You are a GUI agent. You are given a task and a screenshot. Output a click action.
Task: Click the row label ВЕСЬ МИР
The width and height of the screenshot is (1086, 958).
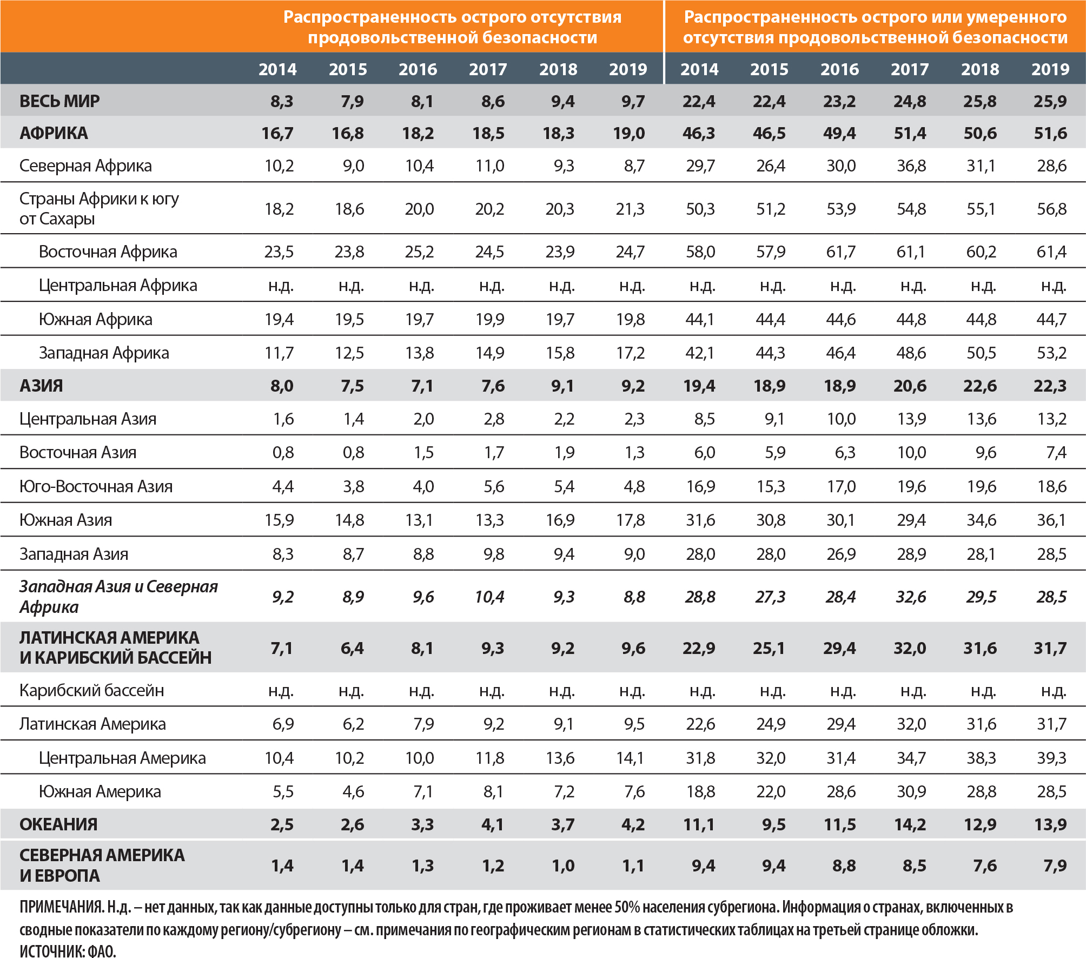(59, 101)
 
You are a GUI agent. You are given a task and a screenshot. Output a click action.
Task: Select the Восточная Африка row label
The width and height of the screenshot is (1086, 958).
(108, 252)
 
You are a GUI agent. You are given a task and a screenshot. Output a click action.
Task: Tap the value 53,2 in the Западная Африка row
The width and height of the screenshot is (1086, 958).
(1051, 353)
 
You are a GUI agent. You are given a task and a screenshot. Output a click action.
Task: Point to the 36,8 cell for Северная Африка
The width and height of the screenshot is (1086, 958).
(911, 166)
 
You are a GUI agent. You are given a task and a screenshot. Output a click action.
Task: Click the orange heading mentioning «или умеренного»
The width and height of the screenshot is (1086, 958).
(875, 27)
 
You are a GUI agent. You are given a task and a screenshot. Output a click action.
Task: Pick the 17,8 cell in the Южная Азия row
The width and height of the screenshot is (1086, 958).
(630, 520)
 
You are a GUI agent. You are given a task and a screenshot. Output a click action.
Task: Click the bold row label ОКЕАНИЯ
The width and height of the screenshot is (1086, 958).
(58, 824)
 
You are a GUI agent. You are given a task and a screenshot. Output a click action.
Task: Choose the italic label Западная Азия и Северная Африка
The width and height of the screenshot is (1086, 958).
(118, 596)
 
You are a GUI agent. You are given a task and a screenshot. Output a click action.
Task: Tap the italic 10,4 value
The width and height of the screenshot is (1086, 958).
(489, 597)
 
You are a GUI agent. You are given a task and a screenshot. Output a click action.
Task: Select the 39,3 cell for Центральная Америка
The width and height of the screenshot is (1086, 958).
(1051, 758)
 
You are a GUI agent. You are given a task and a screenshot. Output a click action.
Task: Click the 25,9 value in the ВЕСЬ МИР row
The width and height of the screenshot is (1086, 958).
(1050, 101)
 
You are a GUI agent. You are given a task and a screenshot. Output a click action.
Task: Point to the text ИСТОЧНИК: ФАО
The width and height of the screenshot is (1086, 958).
(68, 951)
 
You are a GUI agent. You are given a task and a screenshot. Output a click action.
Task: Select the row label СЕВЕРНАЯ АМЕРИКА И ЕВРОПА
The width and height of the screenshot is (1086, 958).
(102, 865)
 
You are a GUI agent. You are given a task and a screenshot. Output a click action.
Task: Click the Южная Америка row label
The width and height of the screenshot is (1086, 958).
(100, 791)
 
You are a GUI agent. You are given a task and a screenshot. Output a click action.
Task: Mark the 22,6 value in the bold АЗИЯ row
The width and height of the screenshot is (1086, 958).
(980, 386)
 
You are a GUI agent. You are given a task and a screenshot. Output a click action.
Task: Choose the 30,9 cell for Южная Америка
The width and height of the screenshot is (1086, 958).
(911, 791)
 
